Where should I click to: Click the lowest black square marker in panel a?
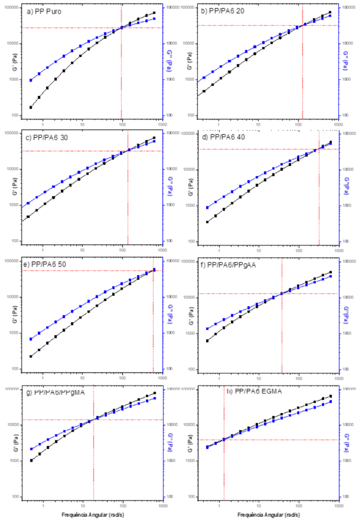pos(31,107)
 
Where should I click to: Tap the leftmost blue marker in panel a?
pos(31,80)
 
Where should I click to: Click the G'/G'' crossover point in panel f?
pos(281,293)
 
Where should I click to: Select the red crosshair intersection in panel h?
pos(224,439)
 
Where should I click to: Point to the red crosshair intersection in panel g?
pos(93,420)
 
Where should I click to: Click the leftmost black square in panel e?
pos(31,356)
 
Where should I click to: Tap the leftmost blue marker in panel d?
pos(207,207)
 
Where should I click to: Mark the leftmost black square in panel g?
pos(31,460)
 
